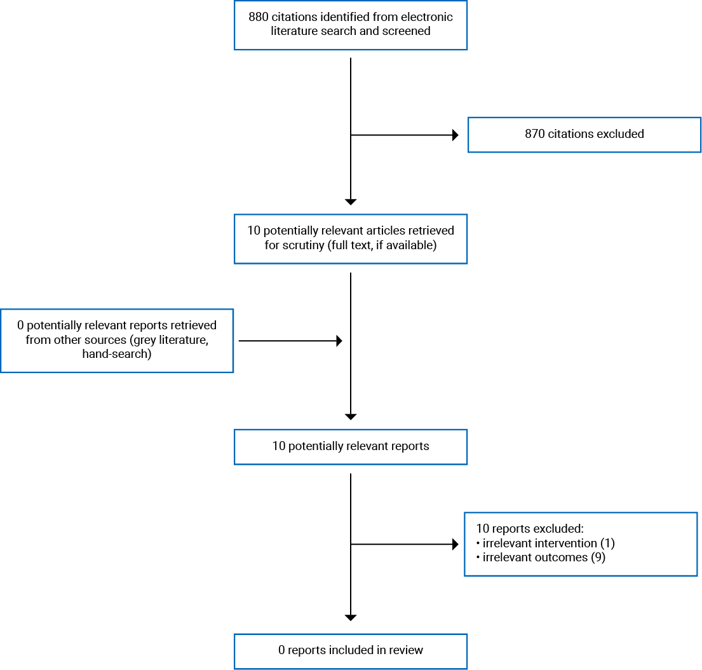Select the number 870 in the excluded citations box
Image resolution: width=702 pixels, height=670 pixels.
coord(535,134)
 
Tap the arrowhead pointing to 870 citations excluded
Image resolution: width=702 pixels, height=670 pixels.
coord(455,135)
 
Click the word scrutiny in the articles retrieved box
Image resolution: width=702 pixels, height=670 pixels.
coord(303,245)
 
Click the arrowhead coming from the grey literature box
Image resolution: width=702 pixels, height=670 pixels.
coord(339,341)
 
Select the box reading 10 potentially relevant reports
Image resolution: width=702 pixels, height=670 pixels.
coord(351,446)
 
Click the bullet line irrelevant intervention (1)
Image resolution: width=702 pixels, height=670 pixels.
coord(546,544)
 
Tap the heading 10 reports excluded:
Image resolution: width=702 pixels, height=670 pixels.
coord(529,528)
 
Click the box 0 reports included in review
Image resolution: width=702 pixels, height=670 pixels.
coord(351,650)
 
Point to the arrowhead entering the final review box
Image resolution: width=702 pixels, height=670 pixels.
coord(351,617)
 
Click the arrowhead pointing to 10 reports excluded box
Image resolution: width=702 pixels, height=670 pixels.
coord(455,544)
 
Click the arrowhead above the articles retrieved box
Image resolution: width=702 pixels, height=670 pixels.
coord(351,202)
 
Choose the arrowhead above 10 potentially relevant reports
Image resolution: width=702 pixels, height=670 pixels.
coord(351,417)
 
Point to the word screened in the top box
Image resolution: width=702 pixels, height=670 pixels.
coord(408,31)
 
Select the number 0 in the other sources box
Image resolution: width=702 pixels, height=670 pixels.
coord(21,325)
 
